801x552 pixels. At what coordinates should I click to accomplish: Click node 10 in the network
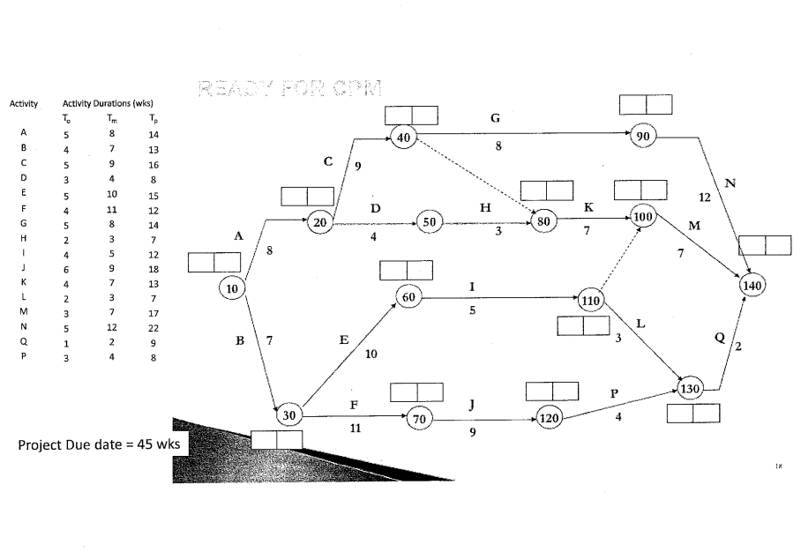pos(233,288)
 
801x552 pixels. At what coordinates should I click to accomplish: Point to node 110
pos(590,301)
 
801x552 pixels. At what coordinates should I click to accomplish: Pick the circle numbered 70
pos(419,420)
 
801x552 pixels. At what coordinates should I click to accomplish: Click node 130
pos(691,388)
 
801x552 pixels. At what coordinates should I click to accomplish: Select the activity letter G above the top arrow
pos(495,117)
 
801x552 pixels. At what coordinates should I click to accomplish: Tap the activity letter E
pos(343,339)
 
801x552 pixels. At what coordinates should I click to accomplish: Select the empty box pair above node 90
pos(646,104)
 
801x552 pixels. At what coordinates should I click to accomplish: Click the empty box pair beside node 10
pos(214,262)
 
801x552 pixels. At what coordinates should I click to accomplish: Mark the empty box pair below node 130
pos(693,413)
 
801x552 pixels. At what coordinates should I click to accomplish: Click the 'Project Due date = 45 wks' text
pos(99,444)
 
